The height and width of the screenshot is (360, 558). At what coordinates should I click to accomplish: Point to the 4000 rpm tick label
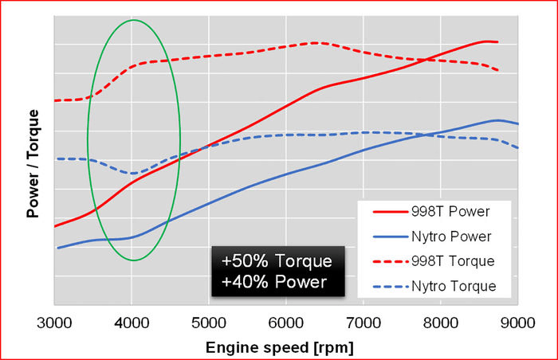point(132,323)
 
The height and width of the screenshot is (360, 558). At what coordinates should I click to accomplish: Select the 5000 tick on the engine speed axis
point(209,323)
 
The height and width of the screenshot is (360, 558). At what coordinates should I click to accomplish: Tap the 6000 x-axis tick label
point(286,323)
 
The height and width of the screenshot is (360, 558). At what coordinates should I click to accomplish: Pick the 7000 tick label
point(363,323)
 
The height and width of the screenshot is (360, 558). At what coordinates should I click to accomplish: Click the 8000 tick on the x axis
point(441,323)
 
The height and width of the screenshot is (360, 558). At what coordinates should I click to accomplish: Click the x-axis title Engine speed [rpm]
point(280,347)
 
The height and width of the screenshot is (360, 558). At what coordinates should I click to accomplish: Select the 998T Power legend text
point(450,212)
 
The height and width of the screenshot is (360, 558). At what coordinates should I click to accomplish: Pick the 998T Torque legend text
point(454,261)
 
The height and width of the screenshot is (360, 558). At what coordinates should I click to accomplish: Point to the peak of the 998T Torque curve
point(315,42)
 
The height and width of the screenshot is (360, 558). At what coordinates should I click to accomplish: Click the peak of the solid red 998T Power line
point(488,41)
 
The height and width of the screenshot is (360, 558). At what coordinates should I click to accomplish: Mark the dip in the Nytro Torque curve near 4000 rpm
point(132,173)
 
